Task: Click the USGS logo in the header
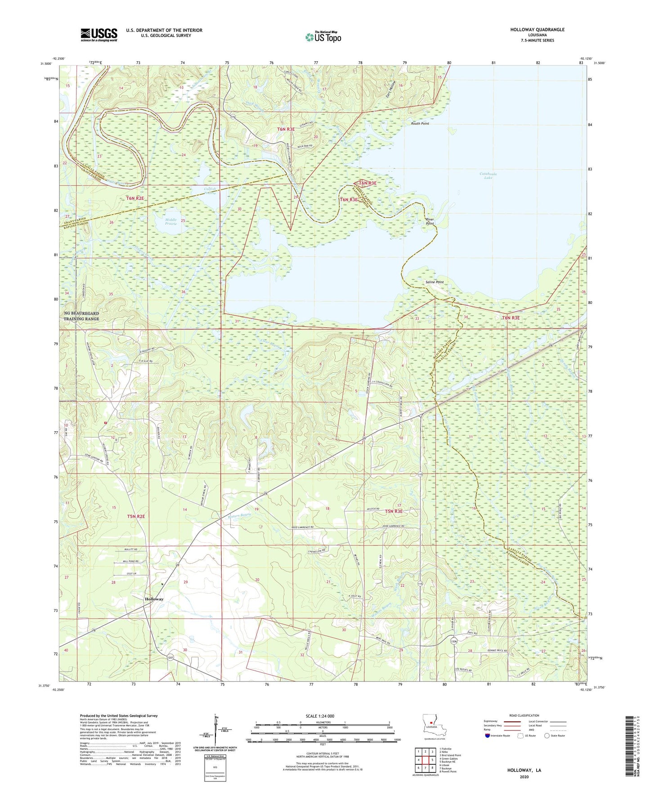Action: point(99,35)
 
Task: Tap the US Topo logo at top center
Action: point(323,37)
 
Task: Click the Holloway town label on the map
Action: point(154,599)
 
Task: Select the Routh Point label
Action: point(420,123)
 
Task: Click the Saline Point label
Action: point(435,282)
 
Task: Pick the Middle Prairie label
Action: point(171,221)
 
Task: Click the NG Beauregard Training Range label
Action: point(81,316)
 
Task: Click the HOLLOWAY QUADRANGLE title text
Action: point(537,30)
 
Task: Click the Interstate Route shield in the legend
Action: point(488,736)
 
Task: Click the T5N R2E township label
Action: point(136,516)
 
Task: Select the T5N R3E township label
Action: point(394,511)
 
